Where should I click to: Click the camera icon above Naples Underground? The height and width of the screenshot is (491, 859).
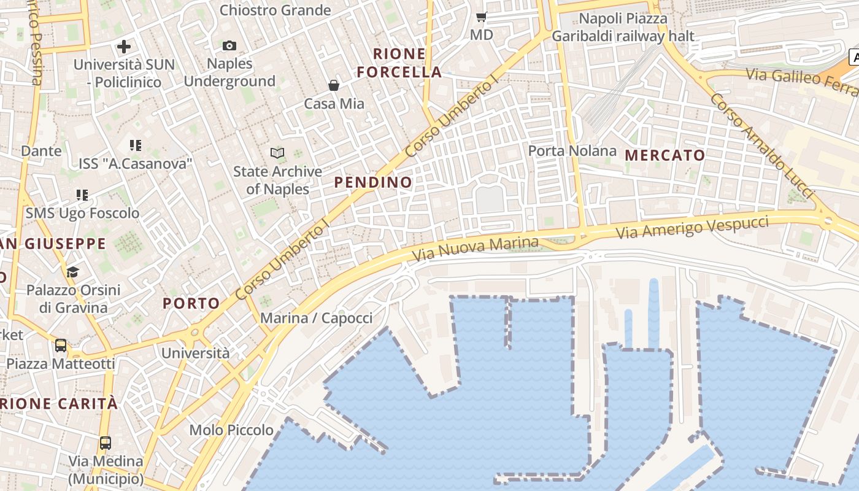click(229, 46)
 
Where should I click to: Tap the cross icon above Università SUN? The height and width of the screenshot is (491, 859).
click(124, 47)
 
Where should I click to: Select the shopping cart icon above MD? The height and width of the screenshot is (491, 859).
click(482, 17)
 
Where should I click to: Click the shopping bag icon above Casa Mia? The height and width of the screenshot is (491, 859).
click(334, 85)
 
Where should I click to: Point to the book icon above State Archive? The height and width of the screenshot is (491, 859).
click(277, 153)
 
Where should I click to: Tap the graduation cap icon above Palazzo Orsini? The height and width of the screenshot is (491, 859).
click(73, 272)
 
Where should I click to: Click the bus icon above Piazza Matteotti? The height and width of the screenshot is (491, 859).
click(61, 346)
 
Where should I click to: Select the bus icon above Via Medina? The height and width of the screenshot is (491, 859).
click(106, 443)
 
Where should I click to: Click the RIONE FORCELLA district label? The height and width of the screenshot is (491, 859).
click(399, 63)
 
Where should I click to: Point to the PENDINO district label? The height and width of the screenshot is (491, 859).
click(373, 182)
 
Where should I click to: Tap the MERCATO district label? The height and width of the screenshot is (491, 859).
click(665, 155)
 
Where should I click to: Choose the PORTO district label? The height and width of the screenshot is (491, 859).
click(191, 303)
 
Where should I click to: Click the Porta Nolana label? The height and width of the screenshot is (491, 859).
click(572, 151)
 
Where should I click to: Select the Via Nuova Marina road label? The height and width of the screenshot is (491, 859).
click(475, 249)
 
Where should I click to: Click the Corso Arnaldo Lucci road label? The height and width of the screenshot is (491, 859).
click(761, 145)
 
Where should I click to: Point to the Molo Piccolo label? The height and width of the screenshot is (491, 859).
click(231, 430)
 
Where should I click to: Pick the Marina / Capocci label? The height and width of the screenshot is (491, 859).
click(316, 319)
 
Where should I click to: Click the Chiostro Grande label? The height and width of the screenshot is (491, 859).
click(275, 10)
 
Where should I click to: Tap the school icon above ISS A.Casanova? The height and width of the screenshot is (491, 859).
click(136, 145)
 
